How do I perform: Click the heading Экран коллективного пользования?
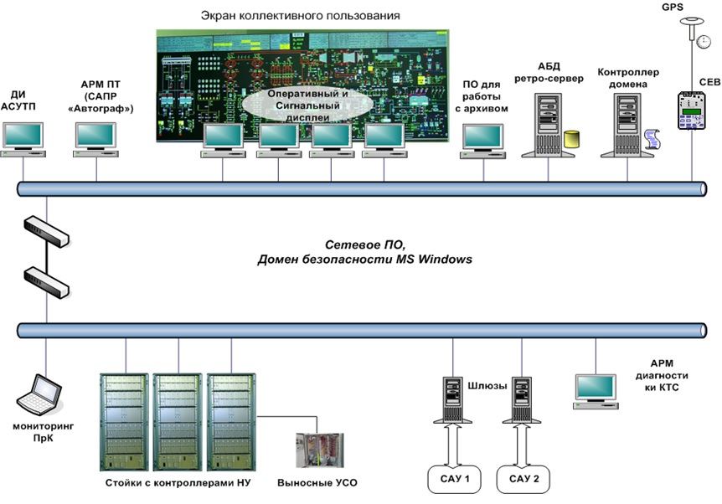click(x=301, y=16)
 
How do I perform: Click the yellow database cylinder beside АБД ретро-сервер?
click(x=572, y=140)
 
